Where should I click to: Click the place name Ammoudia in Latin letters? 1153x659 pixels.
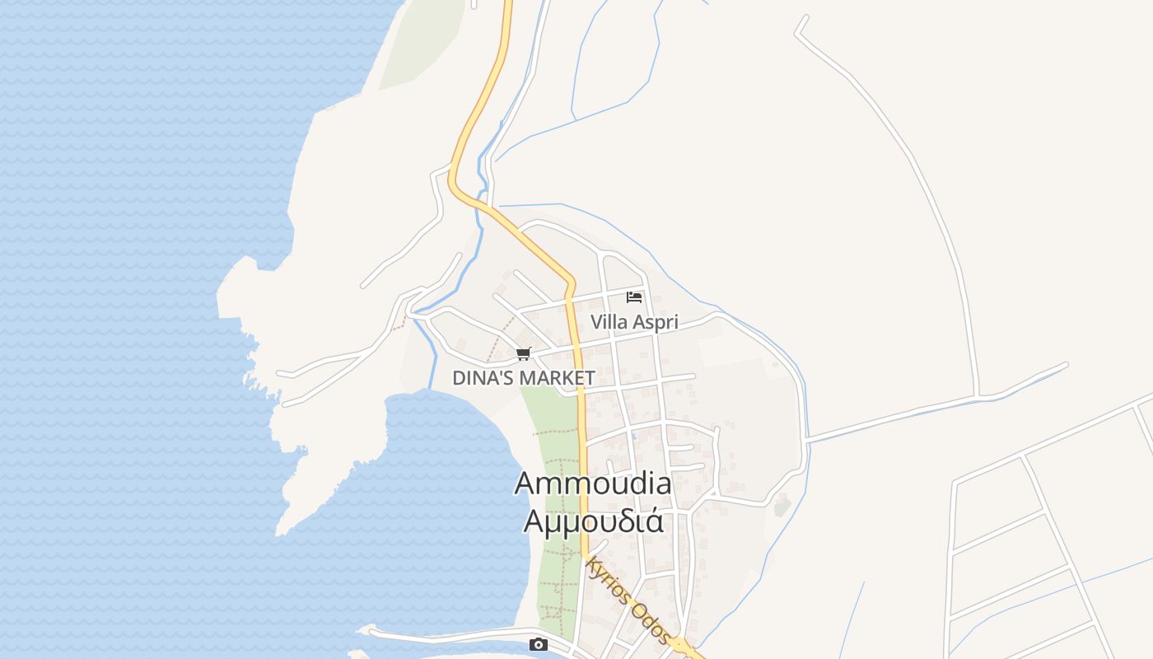(x=593, y=484)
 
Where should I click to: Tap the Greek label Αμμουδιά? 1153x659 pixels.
(x=593, y=521)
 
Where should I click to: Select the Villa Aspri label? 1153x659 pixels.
(x=634, y=322)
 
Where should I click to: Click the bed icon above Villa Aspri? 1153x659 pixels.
(x=634, y=297)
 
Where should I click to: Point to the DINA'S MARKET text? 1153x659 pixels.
(x=524, y=378)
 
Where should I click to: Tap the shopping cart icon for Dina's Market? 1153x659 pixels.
(x=523, y=354)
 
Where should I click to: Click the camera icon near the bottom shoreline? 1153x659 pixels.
(x=539, y=644)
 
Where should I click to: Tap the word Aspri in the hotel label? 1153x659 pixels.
(x=656, y=322)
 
